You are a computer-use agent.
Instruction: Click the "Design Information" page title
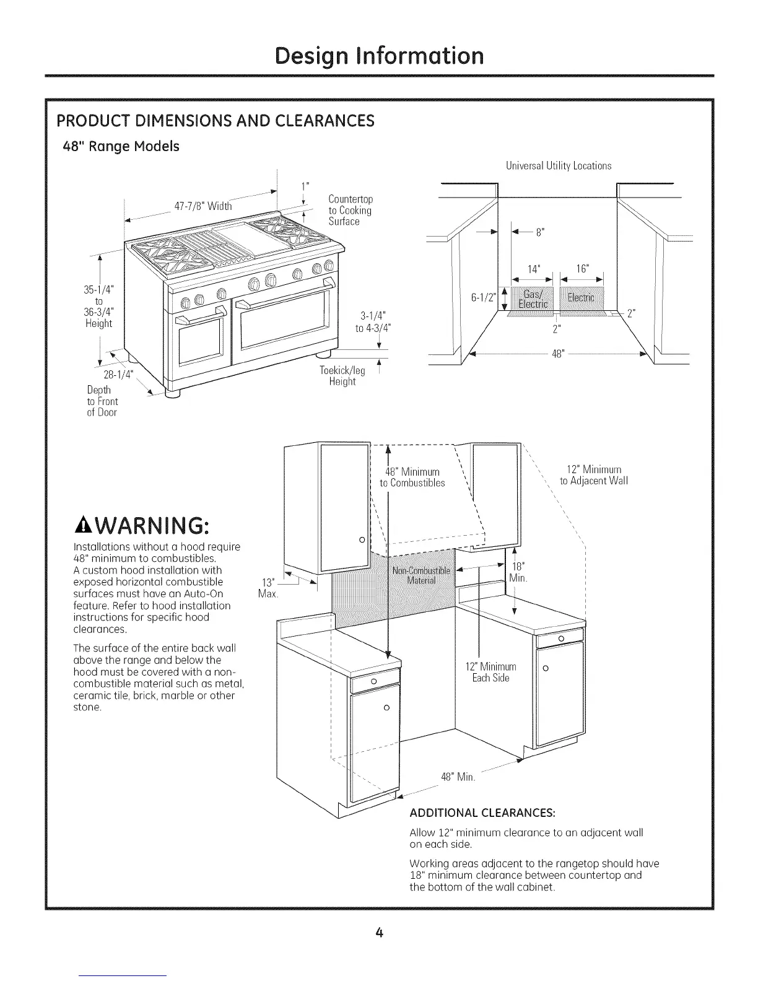[x=379, y=56]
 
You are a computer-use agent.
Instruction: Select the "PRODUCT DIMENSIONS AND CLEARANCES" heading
[x=216, y=120]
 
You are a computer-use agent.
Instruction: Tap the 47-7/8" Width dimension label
[x=203, y=206]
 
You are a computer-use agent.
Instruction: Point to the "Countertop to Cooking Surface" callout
[x=350, y=211]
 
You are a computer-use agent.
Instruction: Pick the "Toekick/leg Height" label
[x=342, y=376]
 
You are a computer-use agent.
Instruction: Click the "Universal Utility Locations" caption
[x=558, y=166]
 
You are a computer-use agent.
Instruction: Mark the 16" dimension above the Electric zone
[x=582, y=269]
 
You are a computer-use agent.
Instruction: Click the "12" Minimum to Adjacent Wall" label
[x=593, y=475]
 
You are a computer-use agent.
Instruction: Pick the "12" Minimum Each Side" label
[x=490, y=672]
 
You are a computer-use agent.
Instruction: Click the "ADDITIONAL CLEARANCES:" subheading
[x=482, y=812]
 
